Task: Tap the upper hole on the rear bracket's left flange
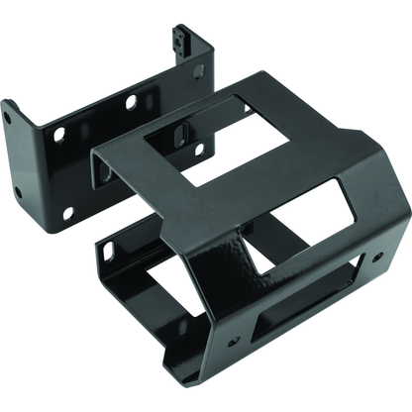click(8, 118)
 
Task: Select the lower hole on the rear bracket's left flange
click(18, 191)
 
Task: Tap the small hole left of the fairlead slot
click(234, 342)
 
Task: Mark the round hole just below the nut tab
click(197, 70)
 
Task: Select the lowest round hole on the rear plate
click(67, 214)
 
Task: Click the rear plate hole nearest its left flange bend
click(59, 133)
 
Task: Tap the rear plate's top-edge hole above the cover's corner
click(130, 102)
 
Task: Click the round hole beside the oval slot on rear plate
click(198, 150)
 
